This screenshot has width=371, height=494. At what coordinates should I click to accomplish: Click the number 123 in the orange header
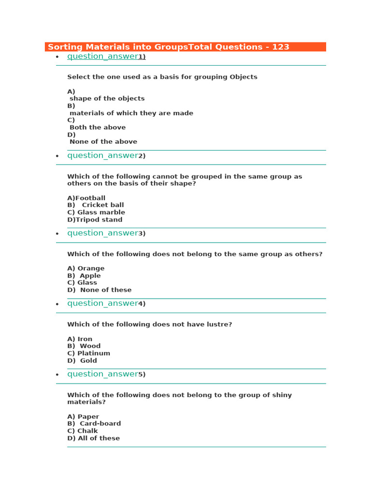(280, 47)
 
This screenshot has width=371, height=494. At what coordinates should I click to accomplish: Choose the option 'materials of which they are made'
(131, 113)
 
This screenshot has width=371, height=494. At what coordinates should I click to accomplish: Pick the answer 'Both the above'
(98, 127)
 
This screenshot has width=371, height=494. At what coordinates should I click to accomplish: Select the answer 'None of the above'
(103, 142)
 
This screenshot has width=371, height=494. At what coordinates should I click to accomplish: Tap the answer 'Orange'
(91, 268)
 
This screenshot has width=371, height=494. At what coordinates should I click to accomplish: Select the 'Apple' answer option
(90, 275)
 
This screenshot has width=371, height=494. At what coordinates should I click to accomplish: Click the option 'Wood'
(90, 346)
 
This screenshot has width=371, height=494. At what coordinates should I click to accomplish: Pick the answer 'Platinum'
(93, 353)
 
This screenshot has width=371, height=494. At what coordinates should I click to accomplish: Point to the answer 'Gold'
(88, 360)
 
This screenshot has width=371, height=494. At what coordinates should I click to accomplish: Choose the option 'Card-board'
(100, 424)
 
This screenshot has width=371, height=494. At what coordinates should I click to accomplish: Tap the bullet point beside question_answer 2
(57, 156)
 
